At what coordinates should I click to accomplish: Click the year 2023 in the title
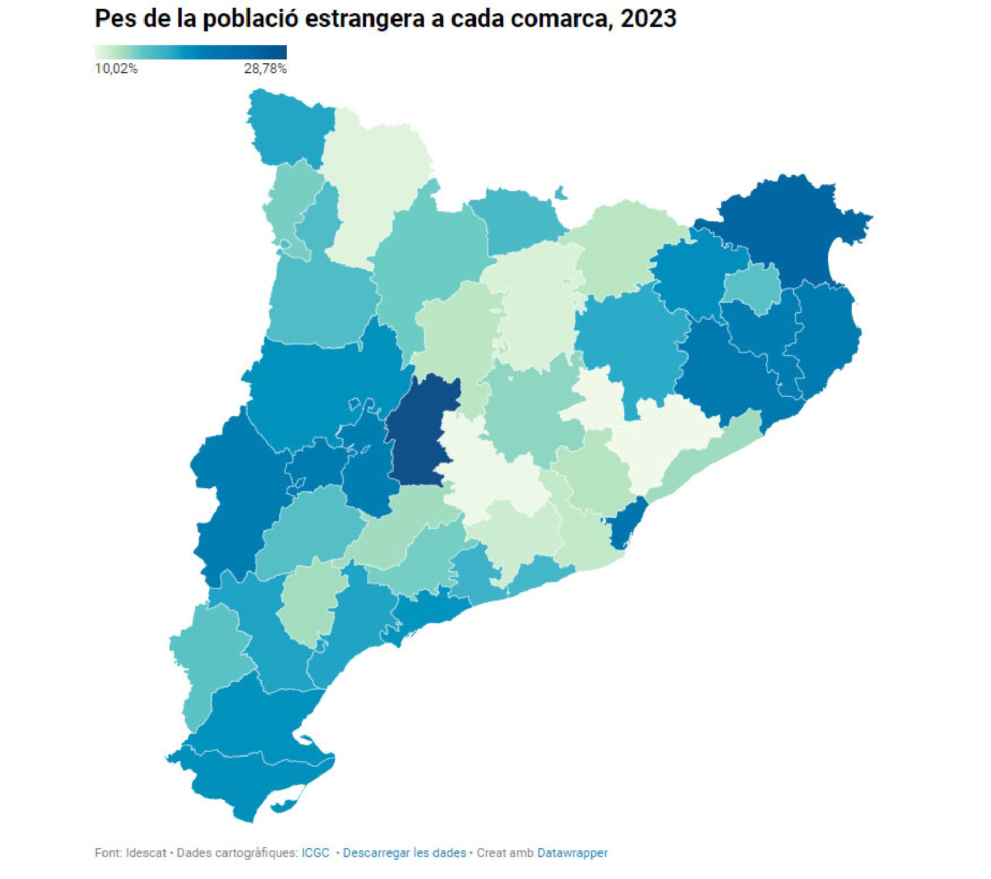coord(648,19)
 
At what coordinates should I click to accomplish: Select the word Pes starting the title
coord(115,19)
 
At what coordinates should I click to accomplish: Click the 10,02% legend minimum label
coord(116,69)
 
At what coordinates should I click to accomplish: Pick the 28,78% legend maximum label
coord(265,69)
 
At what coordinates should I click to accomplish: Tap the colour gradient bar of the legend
coord(190,52)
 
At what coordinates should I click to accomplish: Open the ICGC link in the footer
coord(315,853)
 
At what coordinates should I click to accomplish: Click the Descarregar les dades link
coord(404,853)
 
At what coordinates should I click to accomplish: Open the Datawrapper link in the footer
coord(572,853)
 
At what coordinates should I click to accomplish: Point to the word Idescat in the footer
coord(146,853)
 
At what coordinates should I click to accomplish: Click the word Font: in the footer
coord(108,853)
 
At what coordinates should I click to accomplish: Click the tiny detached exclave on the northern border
coord(560,193)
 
